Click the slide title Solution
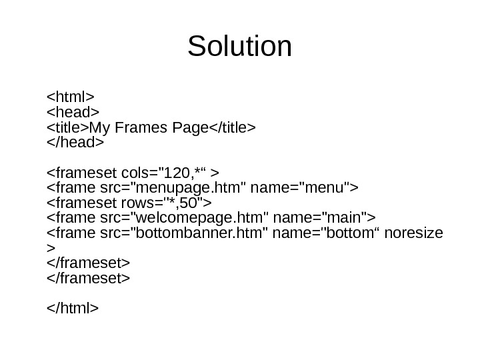tap(240, 47)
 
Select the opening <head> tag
tap(73, 109)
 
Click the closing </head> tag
tap(76, 144)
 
